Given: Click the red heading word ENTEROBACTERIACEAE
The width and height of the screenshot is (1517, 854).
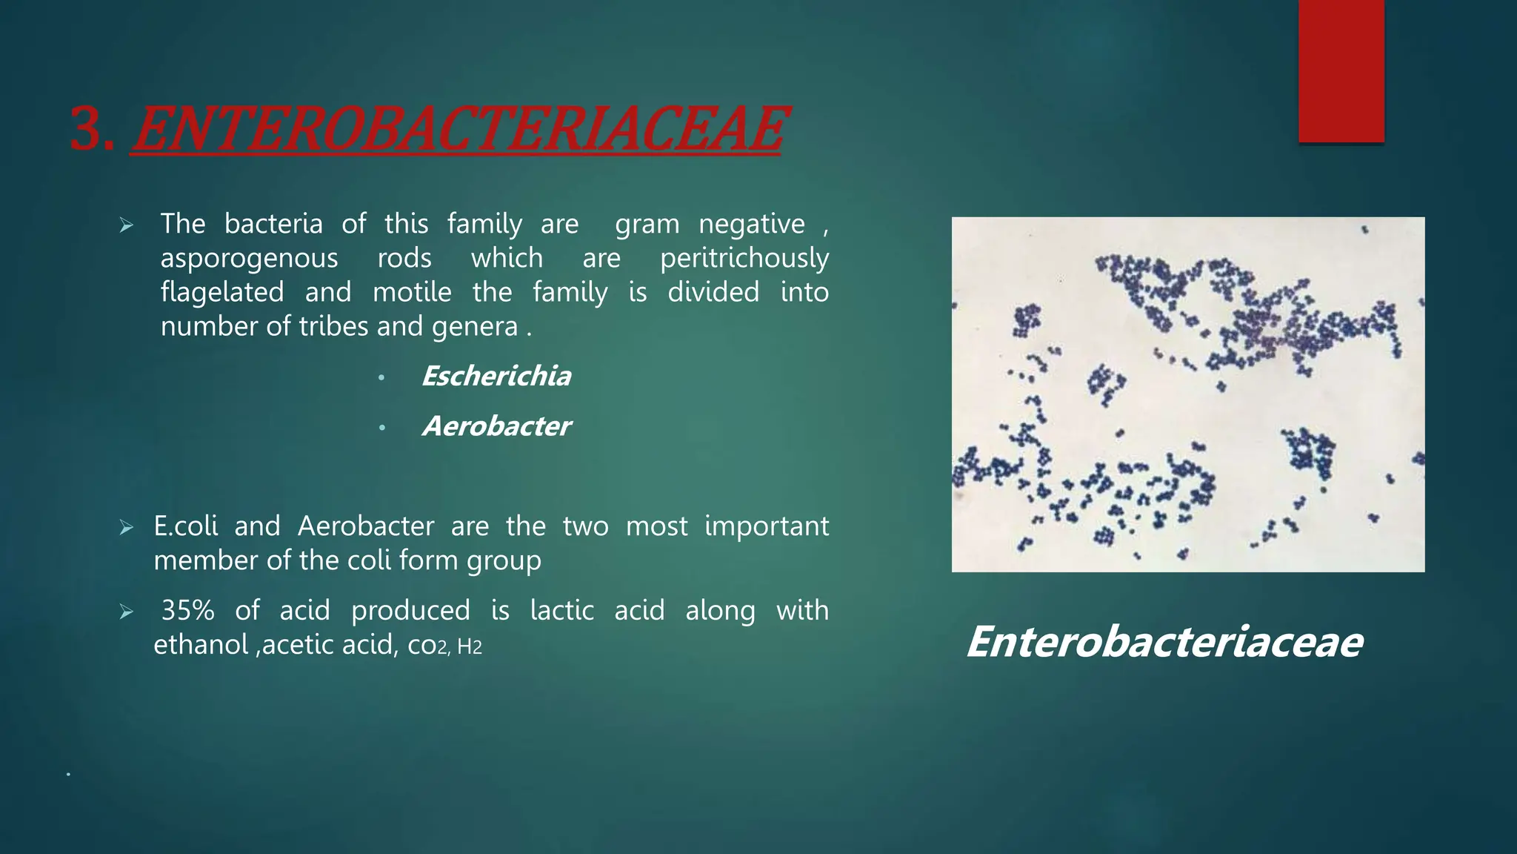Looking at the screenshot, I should click(457, 129).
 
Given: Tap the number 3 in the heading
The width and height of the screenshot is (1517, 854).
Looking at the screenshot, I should click(87, 130).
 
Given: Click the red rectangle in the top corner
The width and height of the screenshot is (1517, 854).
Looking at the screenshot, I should click(1341, 70).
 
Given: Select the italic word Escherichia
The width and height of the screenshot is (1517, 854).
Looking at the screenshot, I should click(496, 377).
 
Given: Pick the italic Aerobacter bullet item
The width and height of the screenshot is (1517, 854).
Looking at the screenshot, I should click(496, 426).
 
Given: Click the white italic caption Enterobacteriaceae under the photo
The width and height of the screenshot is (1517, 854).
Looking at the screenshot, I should click(1164, 642).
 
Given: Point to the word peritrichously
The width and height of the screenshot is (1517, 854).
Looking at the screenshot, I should click(744, 258).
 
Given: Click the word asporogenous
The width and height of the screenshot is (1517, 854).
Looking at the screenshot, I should click(249, 258).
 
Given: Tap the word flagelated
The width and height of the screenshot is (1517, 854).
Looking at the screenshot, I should click(222, 292).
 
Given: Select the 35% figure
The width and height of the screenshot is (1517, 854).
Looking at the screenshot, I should click(187, 610).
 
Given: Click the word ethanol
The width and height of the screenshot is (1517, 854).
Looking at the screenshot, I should click(200, 644).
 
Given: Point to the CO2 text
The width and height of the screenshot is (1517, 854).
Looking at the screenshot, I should click(427, 646).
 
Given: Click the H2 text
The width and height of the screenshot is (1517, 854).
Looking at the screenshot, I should click(470, 646).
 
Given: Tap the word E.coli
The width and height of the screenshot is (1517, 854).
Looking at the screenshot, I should click(185, 526).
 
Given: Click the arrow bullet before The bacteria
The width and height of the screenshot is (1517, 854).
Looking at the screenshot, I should click(126, 225).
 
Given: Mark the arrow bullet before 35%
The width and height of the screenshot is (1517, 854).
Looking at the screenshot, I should click(126, 612).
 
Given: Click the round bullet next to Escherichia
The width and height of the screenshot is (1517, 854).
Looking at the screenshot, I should click(381, 378).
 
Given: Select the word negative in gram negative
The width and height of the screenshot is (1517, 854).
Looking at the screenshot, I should click(751, 224).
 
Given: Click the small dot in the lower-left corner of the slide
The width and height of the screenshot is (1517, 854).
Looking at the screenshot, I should click(68, 774).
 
